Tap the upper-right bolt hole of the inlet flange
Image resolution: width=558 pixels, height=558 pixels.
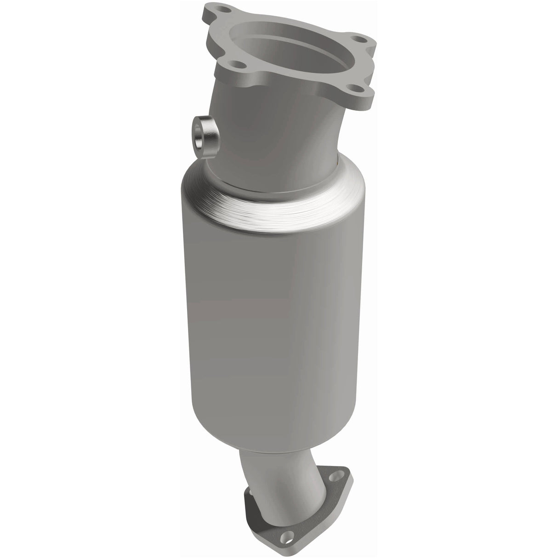coord(367,40)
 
